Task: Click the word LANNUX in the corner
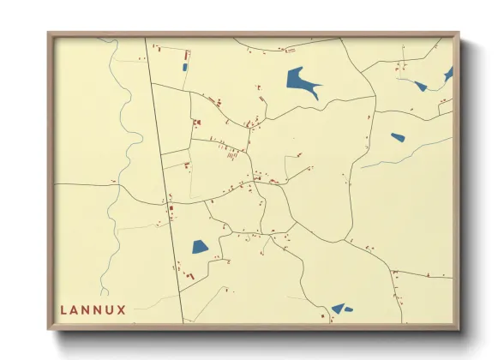click(93, 309)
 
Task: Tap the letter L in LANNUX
click(64, 309)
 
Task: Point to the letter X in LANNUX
click(122, 309)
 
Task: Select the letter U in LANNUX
click(110, 309)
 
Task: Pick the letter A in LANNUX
click(75, 309)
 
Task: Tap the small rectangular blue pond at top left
click(184, 67)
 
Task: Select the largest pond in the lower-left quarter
click(200, 247)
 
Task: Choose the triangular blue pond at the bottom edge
click(339, 308)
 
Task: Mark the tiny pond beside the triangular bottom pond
click(349, 309)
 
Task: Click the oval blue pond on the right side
click(398, 136)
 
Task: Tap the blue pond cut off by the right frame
click(448, 75)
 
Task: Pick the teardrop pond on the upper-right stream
click(420, 85)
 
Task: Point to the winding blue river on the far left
click(129, 154)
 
